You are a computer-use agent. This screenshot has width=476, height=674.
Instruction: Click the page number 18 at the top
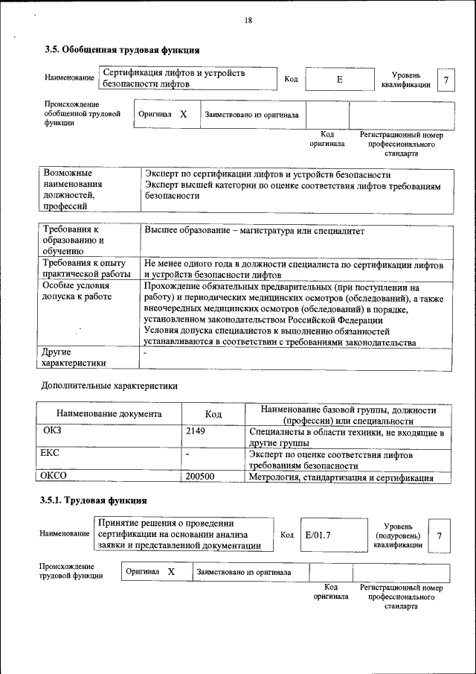coord(248,21)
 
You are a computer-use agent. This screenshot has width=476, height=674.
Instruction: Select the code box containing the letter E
coord(339,79)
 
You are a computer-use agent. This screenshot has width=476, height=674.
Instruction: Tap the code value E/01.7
coord(318,535)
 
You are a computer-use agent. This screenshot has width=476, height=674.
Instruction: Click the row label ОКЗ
coord(54,431)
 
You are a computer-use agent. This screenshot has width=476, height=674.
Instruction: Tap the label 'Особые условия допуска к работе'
coord(77,291)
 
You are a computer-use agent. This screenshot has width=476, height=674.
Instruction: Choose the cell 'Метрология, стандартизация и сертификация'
coord(341,477)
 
